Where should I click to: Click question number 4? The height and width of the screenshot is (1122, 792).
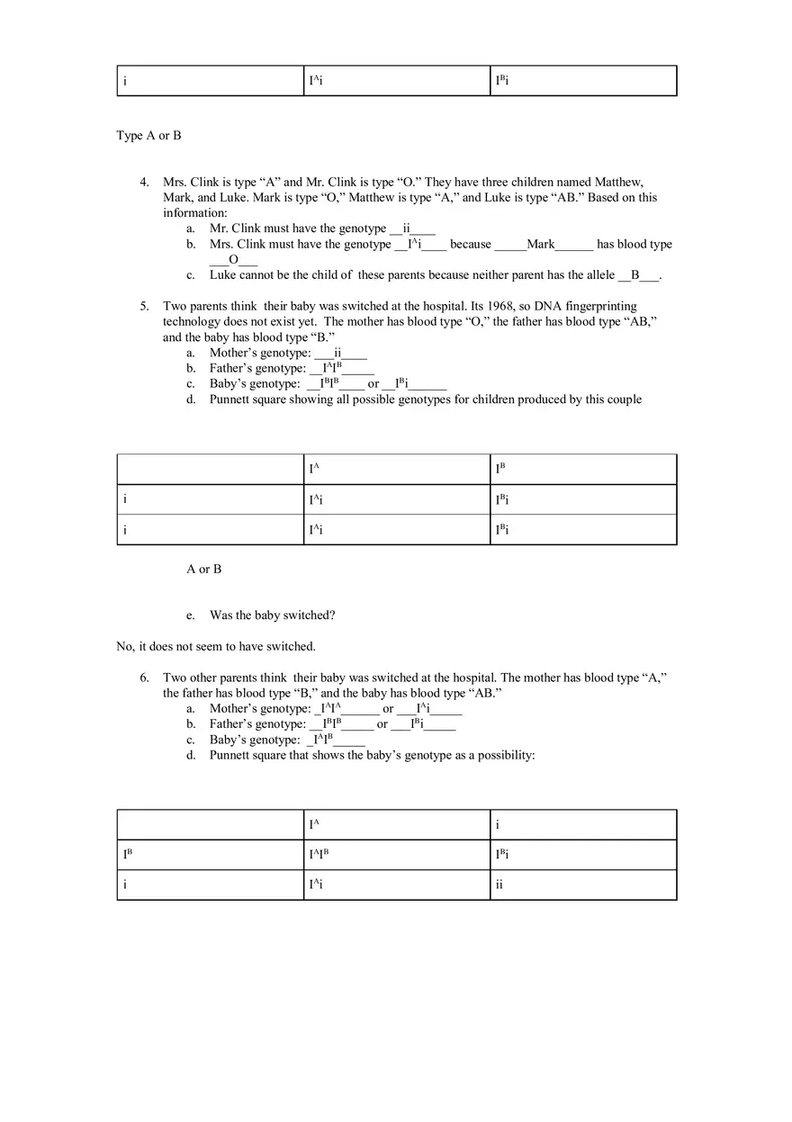pyautogui.click(x=144, y=182)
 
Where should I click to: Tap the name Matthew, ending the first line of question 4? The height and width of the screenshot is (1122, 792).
pyautogui.click(x=619, y=182)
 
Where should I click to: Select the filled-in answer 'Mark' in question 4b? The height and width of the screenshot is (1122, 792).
pyautogui.click(x=541, y=244)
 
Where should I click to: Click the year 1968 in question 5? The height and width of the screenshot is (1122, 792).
pyautogui.click(x=500, y=306)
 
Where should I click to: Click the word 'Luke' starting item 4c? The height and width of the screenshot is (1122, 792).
pyautogui.click(x=223, y=274)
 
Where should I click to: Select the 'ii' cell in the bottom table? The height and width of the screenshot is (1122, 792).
pyautogui.click(x=499, y=884)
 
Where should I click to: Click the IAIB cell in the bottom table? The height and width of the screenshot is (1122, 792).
pyautogui.click(x=319, y=855)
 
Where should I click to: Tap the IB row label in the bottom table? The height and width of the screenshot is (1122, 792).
pyautogui.click(x=129, y=855)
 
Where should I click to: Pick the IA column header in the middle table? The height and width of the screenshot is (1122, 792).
pyautogui.click(x=315, y=469)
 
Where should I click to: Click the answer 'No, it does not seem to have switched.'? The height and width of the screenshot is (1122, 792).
pyautogui.click(x=216, y=646)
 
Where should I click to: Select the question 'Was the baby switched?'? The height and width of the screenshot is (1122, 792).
pyautogui.click(x=272, y=615)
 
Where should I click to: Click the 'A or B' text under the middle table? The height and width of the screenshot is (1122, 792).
pyautogui.click(x=204, y=569)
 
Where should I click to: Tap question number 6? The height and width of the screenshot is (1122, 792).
pyautogui.click(x=144, y=678)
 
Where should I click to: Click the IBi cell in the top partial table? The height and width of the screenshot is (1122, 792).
pyautogui.click(x=502, y=81)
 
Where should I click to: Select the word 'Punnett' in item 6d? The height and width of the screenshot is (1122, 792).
pyautogui.click(x=230, y=755)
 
